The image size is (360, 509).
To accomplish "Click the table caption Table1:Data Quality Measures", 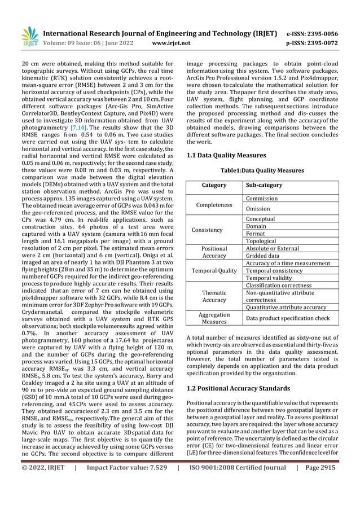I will click(x=262, y=170).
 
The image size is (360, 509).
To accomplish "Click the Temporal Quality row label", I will click(x=214, y=271).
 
